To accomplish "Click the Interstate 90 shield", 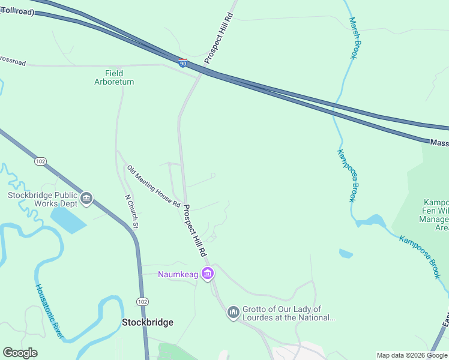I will click(x=182, y=62).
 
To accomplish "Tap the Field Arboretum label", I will click(x=114, y=77).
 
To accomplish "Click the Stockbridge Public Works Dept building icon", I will click(x=86, y=199).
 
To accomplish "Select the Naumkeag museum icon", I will click(x=208, y=274).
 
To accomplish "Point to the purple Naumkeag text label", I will click(x=179, y=275).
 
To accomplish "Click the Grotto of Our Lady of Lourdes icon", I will click(x=234, y=313).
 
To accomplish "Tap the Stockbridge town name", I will click(x=148, y=322).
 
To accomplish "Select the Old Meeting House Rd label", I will click(x=154, y=186).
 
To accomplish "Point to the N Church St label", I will click(x=131, y=212).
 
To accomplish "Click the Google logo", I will click(x=20, y=353).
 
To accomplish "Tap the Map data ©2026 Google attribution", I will click(x=412, y=355).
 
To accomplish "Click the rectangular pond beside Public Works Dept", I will click(x=68, y=220).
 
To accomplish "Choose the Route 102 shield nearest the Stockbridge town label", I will click(x=142, y=301).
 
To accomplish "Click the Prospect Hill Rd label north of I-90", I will click(x=217, y=40).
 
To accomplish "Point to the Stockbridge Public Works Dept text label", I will click(x=42, y=199).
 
